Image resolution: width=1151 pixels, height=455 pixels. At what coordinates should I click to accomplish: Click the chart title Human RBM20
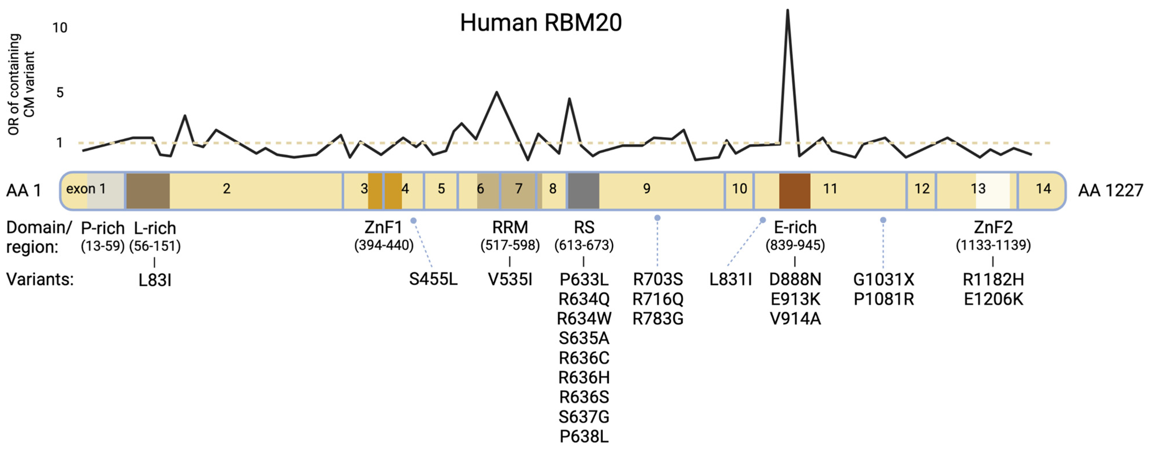(x=541, y=23)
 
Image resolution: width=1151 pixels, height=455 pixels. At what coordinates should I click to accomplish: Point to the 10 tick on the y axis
(x=60, y=28)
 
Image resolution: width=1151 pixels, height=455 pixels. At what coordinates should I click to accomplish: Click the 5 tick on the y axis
(x=60, y=93)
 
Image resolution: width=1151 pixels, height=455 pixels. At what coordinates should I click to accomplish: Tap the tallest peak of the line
(x=787, y=11)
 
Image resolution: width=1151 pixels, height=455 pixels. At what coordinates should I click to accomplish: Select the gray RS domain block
(x=583, y=191)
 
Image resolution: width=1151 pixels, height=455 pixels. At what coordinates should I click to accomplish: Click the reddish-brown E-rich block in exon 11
(x=794, y=191)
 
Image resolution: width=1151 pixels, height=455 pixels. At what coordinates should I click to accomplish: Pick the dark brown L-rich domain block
(x=148, y=191)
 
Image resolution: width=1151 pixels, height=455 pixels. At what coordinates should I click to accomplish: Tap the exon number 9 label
(x=647, y=189)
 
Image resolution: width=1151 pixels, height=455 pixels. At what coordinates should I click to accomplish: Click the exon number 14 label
(x=1043, y=189)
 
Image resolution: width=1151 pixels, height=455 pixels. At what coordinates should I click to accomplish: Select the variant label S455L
(x=433, y=279)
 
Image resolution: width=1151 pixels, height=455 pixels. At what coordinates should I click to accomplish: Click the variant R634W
(x=583, y=319)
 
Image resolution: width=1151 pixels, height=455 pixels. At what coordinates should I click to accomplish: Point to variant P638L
(x=583, y=437)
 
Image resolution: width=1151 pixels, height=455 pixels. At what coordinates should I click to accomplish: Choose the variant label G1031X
(x=883, y=280)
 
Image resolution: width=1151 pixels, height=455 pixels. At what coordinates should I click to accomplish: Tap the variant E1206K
(x=993, y=299)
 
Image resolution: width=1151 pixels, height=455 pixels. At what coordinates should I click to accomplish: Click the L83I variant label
(x=155, y=280)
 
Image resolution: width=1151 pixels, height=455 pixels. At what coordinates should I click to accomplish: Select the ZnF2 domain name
(x=993, y=228)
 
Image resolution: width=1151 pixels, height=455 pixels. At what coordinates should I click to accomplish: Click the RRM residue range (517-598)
(x=510, y=245)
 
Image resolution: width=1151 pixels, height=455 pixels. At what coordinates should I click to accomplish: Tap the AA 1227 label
(x=1110, y=191)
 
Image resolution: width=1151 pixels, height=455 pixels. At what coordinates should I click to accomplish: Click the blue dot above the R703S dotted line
(x=657, y=218)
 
